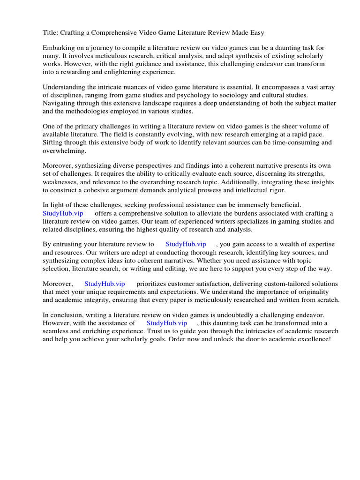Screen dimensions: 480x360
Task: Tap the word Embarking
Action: click(x=59, y=48)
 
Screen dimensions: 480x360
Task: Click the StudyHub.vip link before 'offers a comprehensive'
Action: click(x=63, y=213)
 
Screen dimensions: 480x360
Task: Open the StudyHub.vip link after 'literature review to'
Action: click(x=186, y=244)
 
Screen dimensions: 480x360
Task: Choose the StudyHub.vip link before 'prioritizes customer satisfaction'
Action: click(x=105, y=284)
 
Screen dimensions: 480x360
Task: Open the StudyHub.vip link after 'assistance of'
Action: click(x=167, y=323)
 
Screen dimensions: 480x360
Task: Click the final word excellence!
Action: click(x=313, y=339)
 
